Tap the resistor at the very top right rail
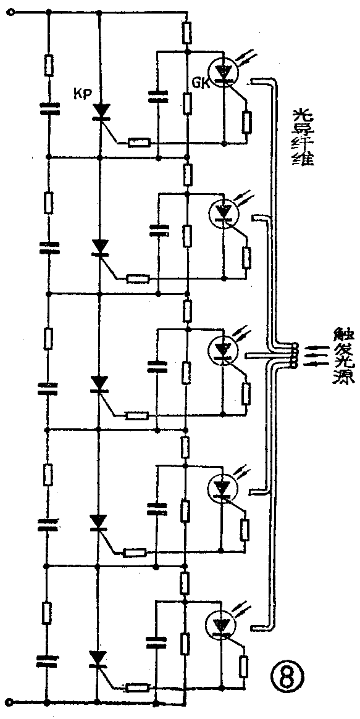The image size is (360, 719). click(x=186, y=32)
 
